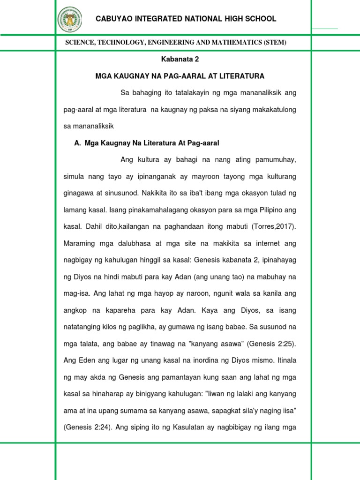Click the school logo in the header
tap(69, 19)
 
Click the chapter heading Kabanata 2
tap(180, 59)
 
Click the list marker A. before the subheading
tap(78, 142)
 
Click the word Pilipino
tap(266, 210)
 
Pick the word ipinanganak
tap(140, 176)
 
